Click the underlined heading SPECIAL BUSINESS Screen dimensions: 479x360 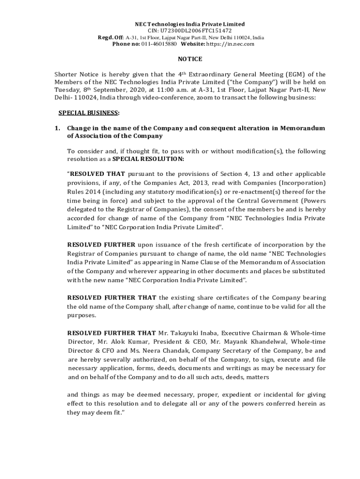[x=88, y=113]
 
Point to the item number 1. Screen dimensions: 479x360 [x=57, y=128]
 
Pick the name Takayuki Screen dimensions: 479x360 [x=187, y=333]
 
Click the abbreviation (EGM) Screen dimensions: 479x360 [x=291, y=74]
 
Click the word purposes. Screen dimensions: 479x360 [x=82, y=315]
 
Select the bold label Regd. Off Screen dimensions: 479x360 [x=109, y=37]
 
